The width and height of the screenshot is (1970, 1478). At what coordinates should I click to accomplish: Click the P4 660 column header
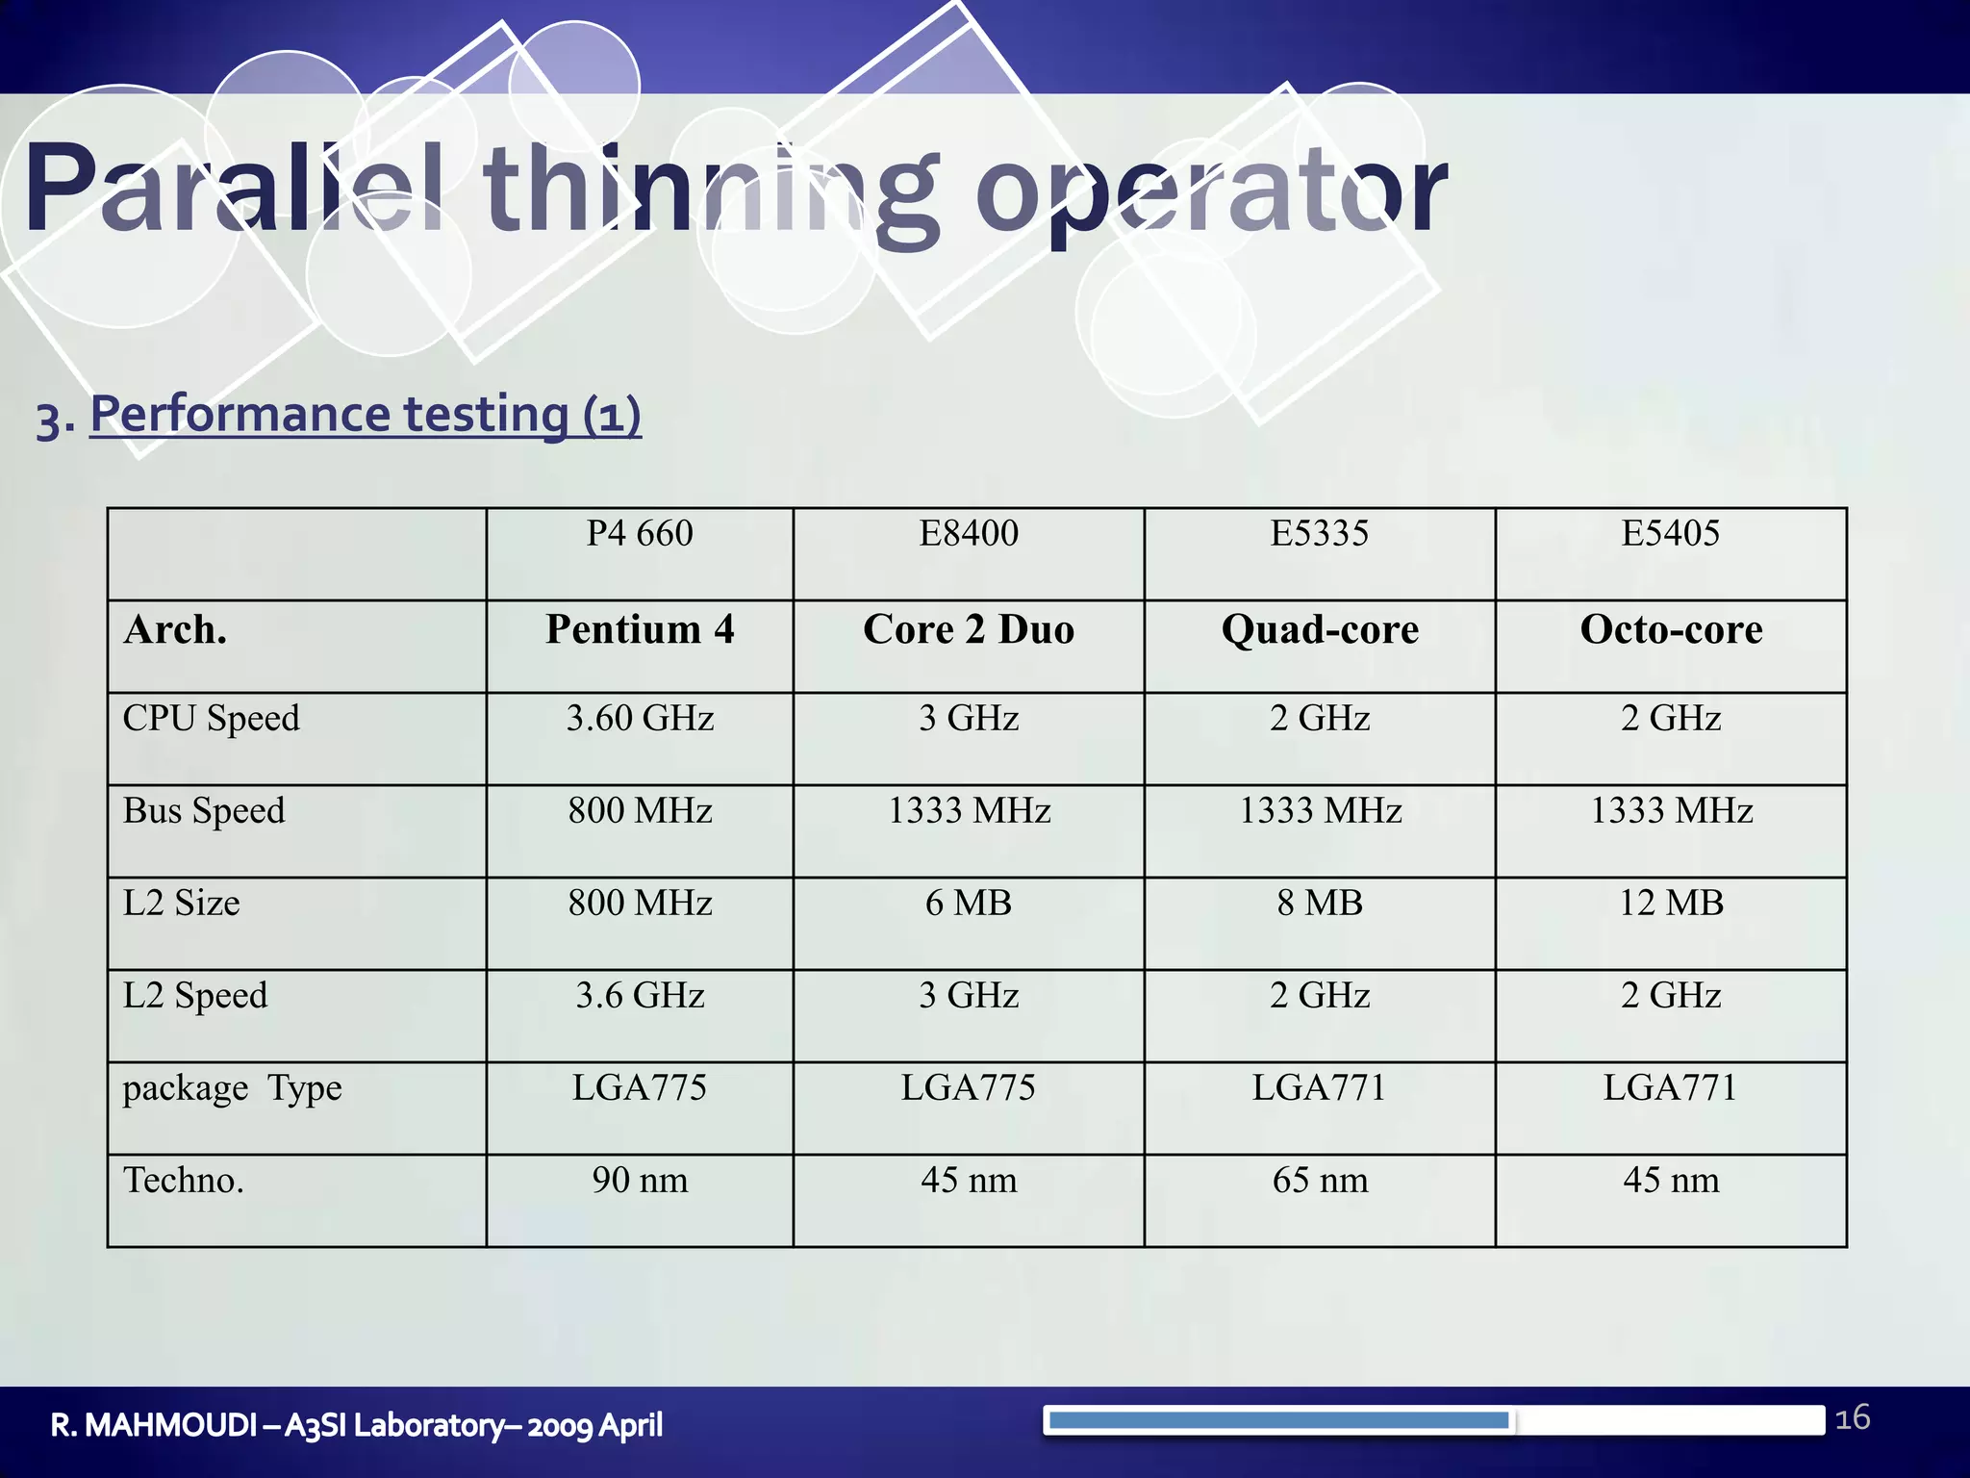640,534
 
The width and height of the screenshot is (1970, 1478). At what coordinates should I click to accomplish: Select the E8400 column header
968,534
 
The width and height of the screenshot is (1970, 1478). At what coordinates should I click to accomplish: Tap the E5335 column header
1319,534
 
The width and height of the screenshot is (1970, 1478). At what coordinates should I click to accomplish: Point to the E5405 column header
1670,534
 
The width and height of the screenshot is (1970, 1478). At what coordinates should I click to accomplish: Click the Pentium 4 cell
640,630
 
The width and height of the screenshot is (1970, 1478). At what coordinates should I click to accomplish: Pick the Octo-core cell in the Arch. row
1671,630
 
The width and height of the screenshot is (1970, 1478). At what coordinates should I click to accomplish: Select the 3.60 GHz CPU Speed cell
640,719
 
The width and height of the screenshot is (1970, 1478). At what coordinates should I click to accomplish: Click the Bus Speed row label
204,811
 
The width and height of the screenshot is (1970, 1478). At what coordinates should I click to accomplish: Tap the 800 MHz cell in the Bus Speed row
640,811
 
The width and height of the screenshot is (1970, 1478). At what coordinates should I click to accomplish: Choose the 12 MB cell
1671,904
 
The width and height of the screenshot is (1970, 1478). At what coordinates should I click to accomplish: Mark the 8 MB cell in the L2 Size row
1319,904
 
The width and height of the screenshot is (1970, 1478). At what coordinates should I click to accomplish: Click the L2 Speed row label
195,996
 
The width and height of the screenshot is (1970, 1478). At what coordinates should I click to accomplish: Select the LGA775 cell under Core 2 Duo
968,1088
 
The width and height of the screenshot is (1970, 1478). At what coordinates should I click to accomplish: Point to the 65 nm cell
1319,1181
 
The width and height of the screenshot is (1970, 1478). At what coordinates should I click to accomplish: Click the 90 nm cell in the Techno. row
640,1181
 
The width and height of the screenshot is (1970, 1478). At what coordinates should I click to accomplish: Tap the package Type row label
232,1088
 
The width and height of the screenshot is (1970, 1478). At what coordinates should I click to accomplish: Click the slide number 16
1852,1418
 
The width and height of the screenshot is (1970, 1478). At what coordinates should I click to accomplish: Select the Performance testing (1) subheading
365,415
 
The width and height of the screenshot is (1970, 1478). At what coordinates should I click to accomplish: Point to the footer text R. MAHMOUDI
154,1425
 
